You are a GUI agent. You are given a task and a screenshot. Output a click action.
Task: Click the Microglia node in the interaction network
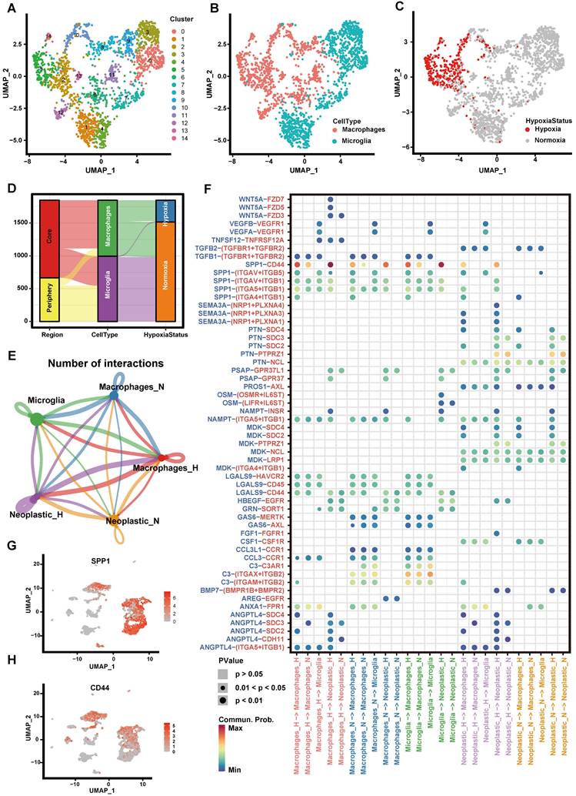[x=36, y=419]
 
